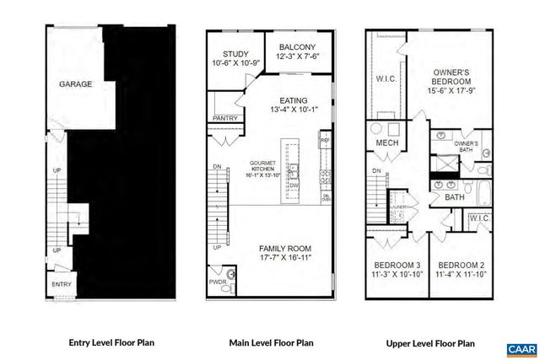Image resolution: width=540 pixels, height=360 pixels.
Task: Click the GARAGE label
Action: pos(75,84)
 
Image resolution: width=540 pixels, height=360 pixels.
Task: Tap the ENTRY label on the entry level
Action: pos(62,285)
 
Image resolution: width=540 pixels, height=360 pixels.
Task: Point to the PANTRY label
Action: pos(224,118)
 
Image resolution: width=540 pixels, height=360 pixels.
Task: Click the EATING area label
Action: pos(290,99)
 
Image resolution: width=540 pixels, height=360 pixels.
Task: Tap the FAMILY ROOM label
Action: pos(286,247)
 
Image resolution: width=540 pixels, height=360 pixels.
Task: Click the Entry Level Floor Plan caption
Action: pos(111,343)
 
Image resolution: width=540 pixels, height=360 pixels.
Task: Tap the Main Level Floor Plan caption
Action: pos(272,343)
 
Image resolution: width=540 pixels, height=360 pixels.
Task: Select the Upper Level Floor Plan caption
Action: pos(430,343)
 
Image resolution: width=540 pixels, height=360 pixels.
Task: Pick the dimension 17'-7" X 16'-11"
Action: pos(286,257)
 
